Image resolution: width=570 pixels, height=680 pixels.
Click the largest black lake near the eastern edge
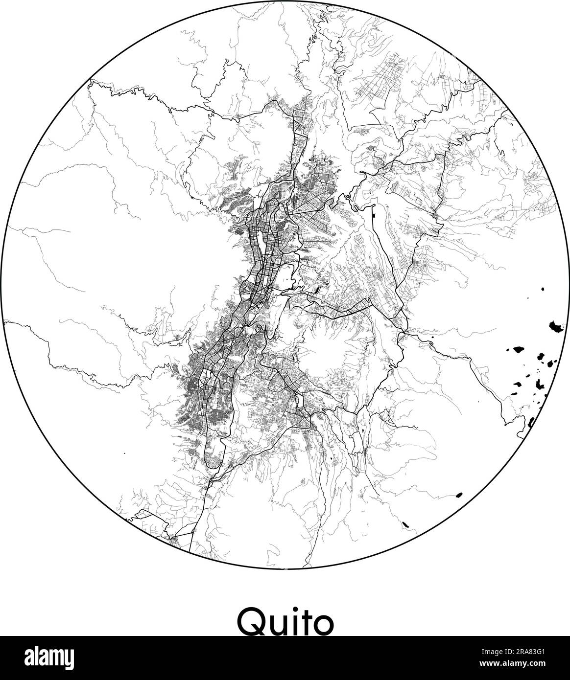[x=556, y=326]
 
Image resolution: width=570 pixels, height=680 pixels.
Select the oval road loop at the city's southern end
[x=215, y=453]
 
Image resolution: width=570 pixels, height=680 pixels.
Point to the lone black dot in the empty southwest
[x=124, y=454]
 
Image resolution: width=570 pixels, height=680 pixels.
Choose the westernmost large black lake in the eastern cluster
[x=517, y=349]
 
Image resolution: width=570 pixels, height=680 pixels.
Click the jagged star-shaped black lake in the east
[x=541, y=384]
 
